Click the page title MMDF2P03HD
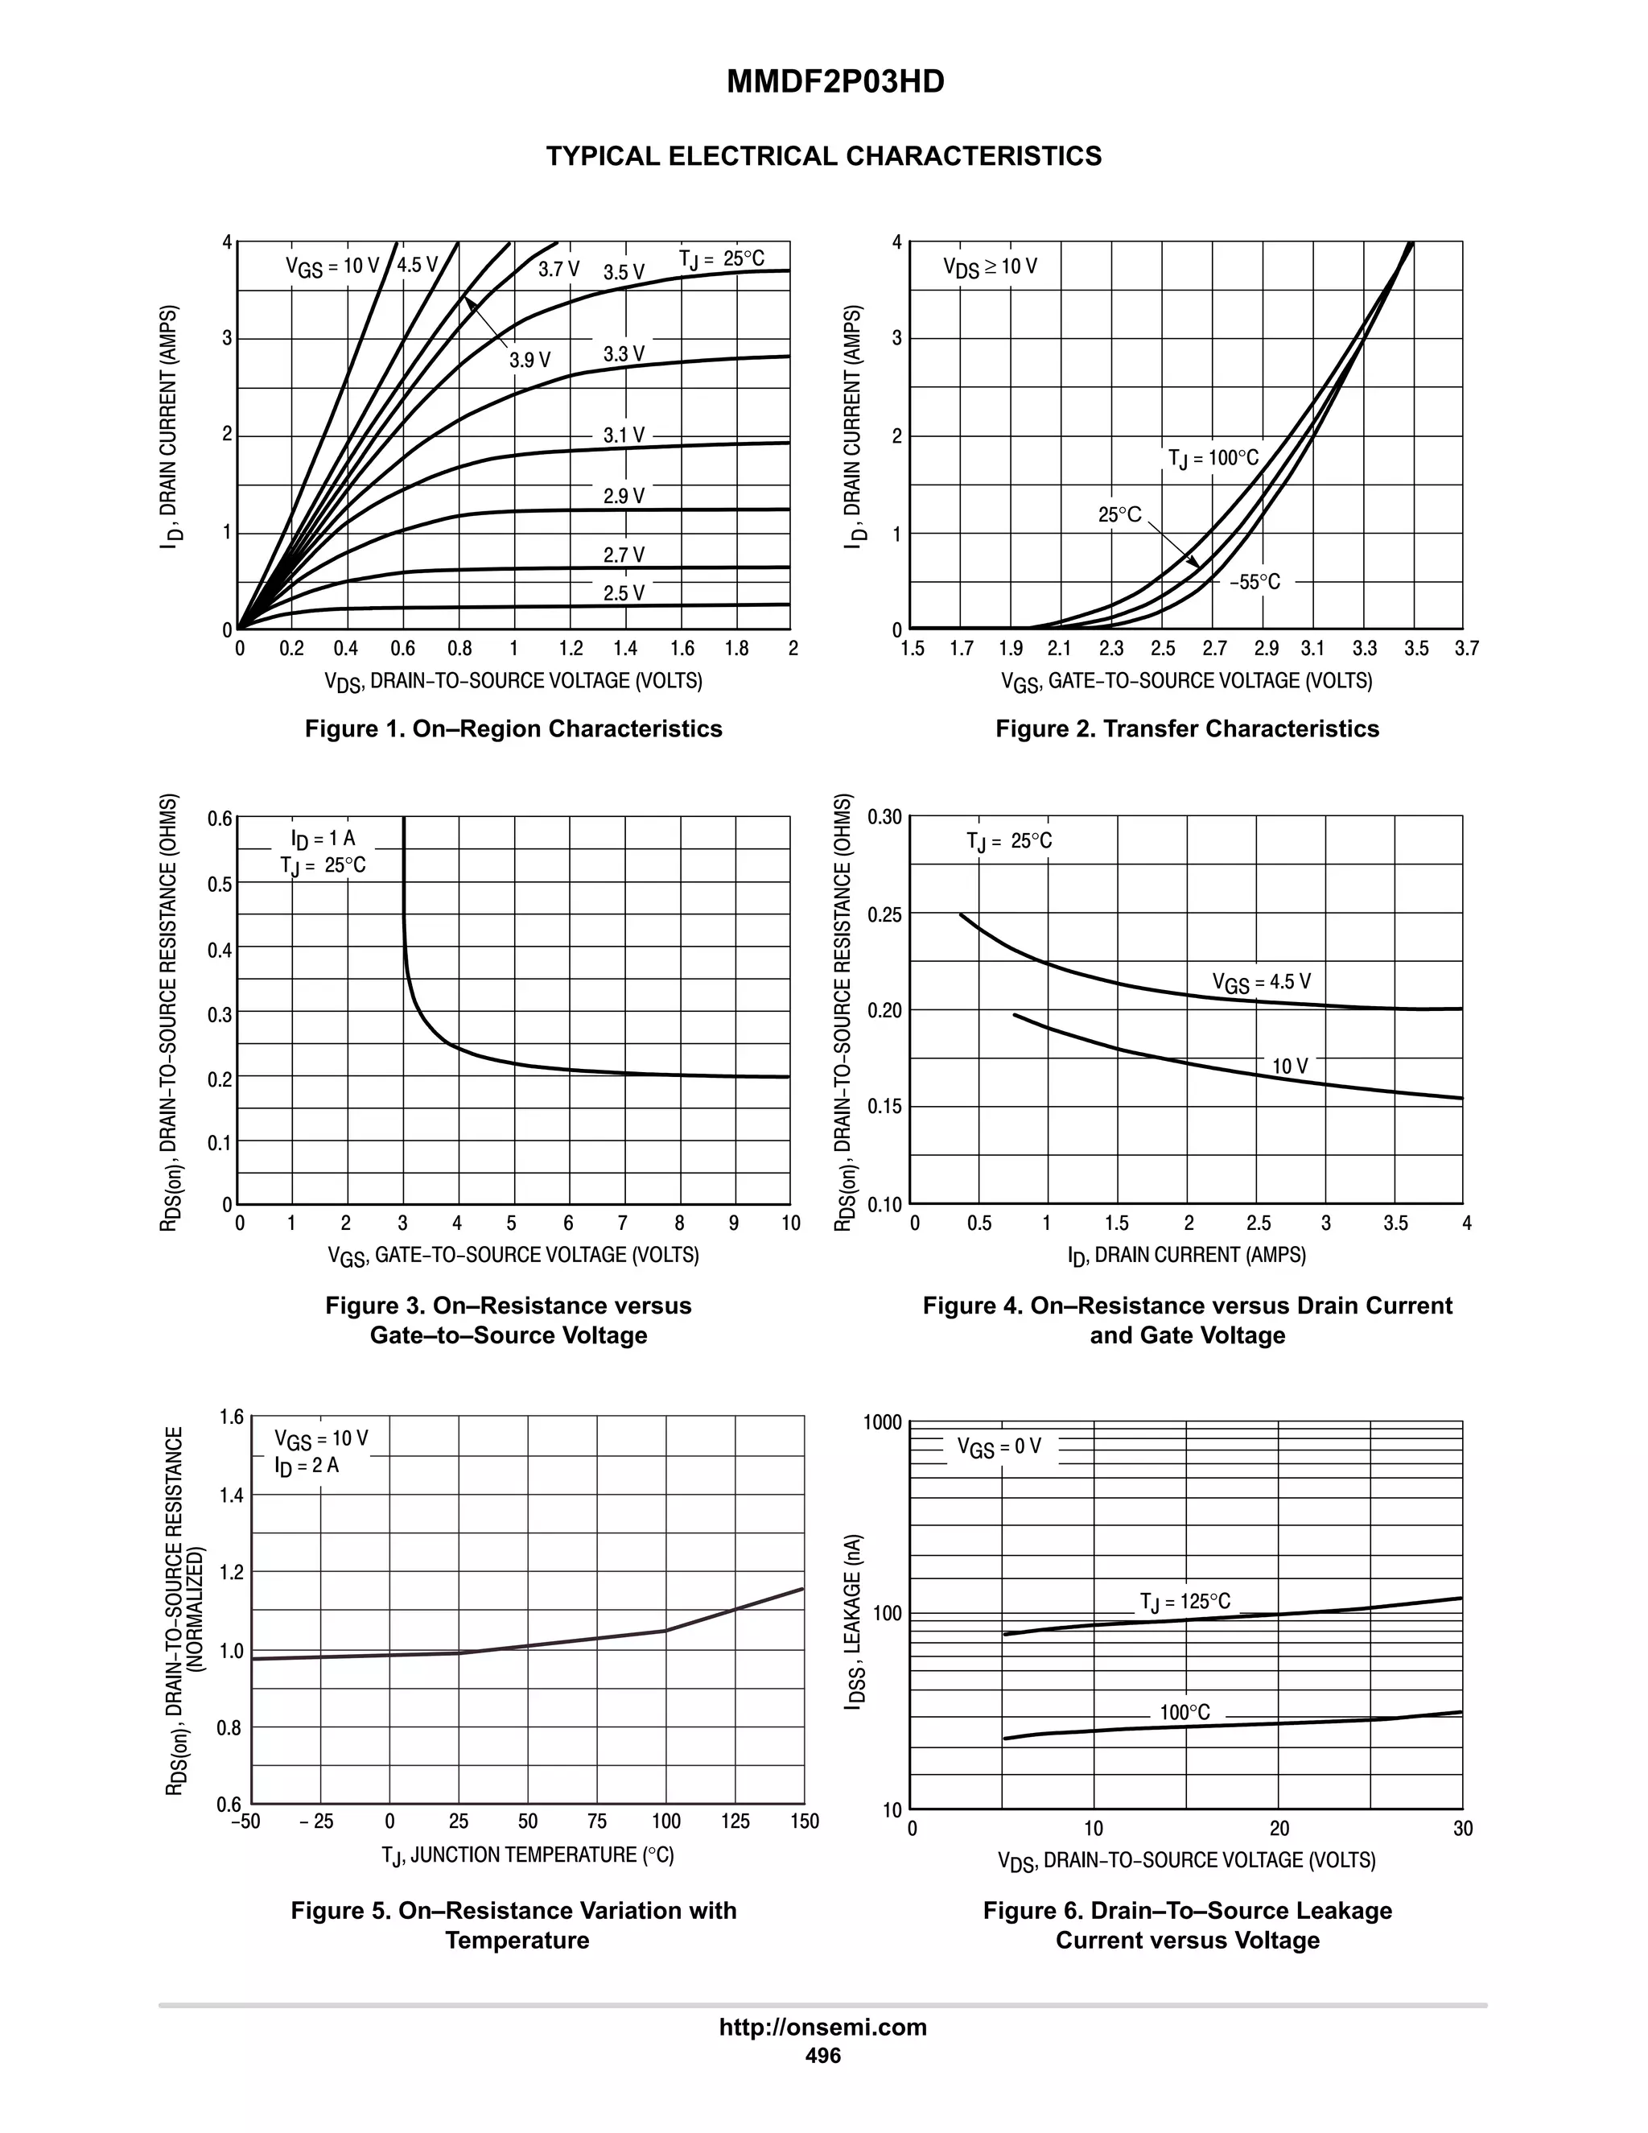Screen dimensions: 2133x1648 pos(834,82)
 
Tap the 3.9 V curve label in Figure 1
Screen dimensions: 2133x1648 pos(529,361)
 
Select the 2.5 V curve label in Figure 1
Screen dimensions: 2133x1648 pos(623,594)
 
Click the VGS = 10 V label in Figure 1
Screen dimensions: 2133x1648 pos(332,266)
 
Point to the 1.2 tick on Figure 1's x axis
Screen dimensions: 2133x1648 pos(571,649)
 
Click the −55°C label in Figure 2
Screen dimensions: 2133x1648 pos(1255,582)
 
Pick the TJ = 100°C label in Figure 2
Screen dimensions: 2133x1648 pos(1213,458)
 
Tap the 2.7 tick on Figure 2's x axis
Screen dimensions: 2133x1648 pos(1213,649)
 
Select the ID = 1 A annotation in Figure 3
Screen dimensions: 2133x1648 pos(323,838)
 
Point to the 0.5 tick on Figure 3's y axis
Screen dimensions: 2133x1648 pos(220,884)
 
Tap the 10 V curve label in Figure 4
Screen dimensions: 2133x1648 pos(1290,1066)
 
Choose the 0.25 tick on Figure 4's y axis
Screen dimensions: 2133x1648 pos(885,914)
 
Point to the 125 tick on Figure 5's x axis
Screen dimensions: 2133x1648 pos(735,1821)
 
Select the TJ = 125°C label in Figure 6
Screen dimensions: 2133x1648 pos(1184,1602)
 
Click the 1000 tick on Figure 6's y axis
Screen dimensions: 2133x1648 pos(883,1423)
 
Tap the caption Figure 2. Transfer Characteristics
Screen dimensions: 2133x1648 pos(1186,728)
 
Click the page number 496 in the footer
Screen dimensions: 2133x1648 pos(822,2055)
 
